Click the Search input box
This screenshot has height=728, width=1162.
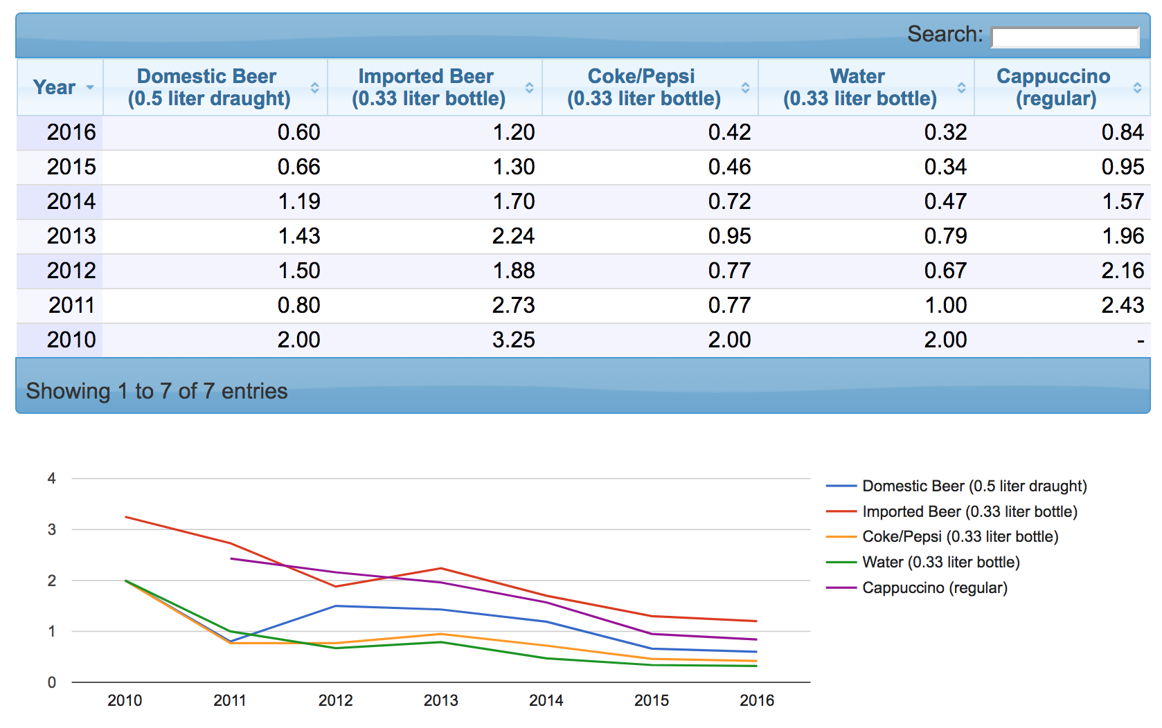pos(1064,37)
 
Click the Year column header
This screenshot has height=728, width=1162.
pos(55,87)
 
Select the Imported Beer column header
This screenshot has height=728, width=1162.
pos(427,87)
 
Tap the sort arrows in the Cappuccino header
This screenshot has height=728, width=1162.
pos(1137,88)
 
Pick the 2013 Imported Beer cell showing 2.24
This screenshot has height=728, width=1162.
pos(513,236)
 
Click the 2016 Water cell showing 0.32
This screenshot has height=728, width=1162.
pos(945,132)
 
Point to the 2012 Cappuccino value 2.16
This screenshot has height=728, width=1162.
pos(1123,271)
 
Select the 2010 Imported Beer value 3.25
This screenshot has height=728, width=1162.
pos(513,340)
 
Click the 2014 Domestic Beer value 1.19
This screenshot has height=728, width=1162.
pos(299,201)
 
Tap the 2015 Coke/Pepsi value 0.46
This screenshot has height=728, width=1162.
pos(729,167)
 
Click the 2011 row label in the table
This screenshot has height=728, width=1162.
pos(71,305)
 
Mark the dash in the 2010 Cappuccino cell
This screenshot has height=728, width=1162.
pos(1140,340)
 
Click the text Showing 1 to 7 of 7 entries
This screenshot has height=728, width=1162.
pos(157,391)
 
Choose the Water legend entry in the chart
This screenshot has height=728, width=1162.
pos(940,562)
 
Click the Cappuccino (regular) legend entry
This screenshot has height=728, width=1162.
pos(934,588)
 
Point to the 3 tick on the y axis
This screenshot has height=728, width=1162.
pos(52,529)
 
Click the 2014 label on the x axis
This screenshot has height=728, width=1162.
pos(546,700)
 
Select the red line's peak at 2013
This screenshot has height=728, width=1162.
pos(441,568)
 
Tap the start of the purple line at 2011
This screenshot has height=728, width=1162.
pos(231,558)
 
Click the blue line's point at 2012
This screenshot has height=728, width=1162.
pos(336,606)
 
